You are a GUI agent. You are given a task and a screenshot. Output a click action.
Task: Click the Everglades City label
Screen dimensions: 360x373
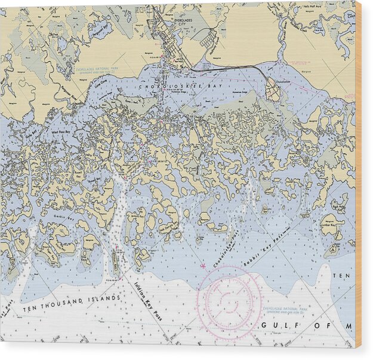(x=187, y=23)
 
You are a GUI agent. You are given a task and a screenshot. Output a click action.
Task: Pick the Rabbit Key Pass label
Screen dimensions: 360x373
(x=264, y=247)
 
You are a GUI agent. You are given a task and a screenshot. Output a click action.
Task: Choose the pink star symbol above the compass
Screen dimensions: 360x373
(x=204, y=264)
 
